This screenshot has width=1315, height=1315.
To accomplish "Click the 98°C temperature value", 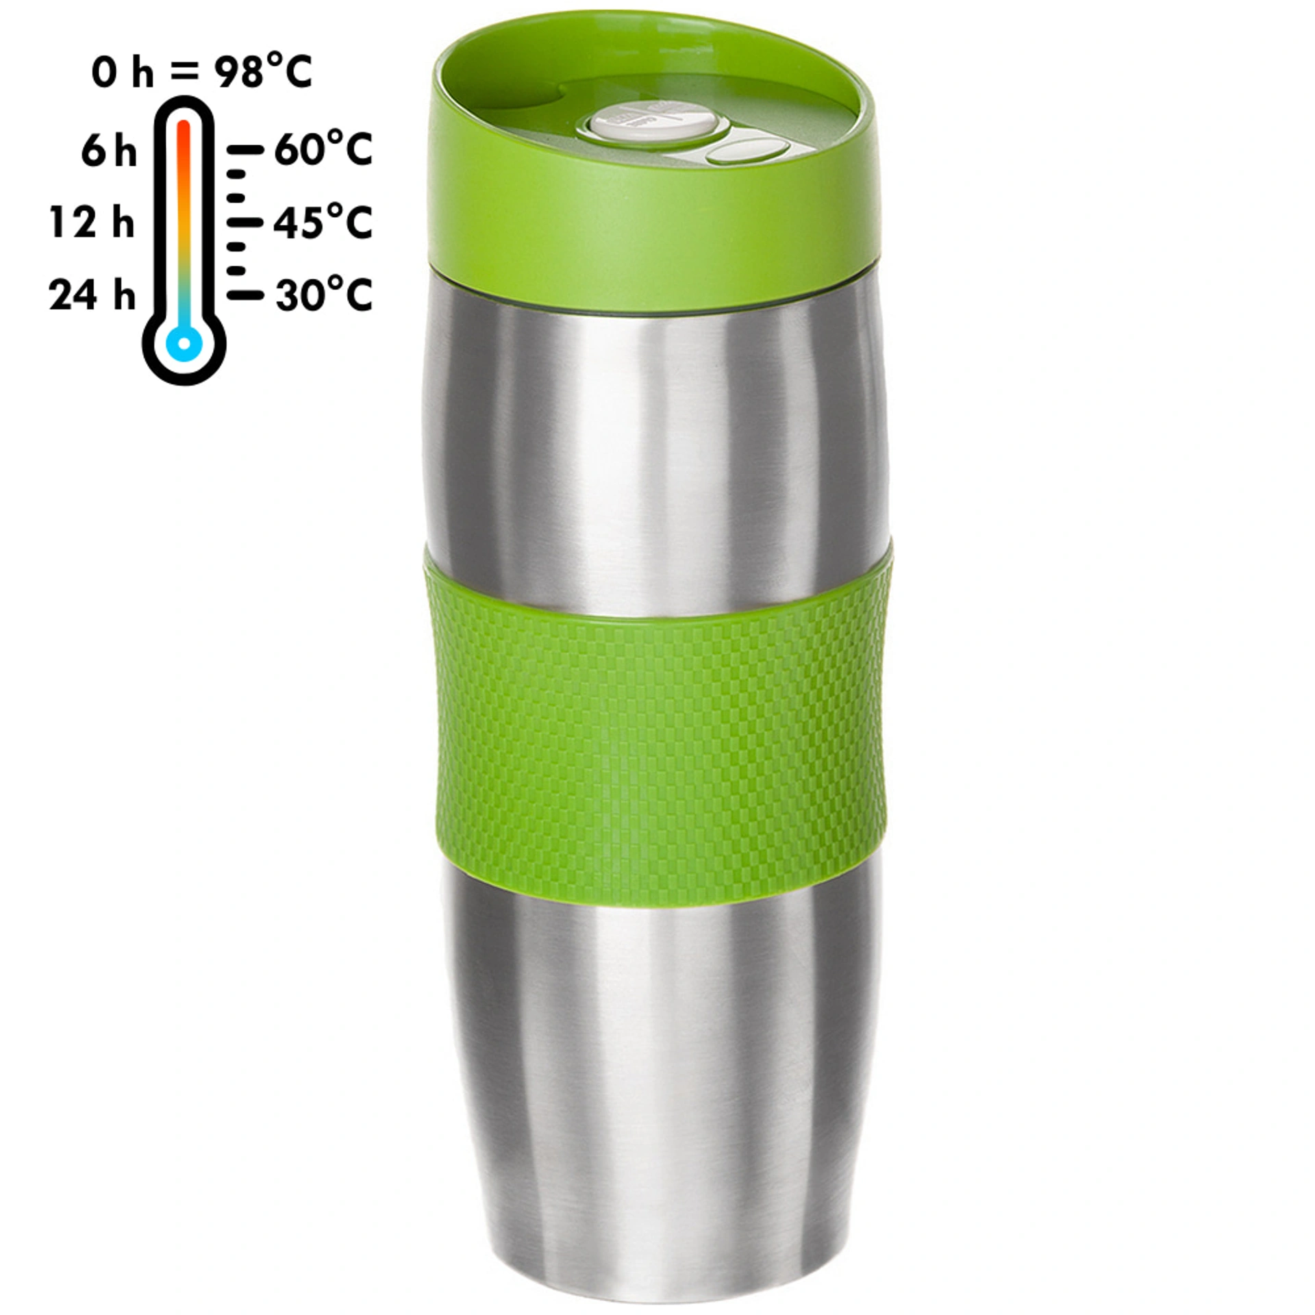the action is [264, 71].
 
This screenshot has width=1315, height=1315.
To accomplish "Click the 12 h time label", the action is [92, 223].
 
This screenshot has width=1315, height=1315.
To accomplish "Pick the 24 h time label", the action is [92, 295].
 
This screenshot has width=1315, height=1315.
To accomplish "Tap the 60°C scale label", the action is [323, 149].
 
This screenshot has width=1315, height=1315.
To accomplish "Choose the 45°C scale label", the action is [323, 222].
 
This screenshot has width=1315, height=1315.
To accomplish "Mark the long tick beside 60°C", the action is [245, 149].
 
